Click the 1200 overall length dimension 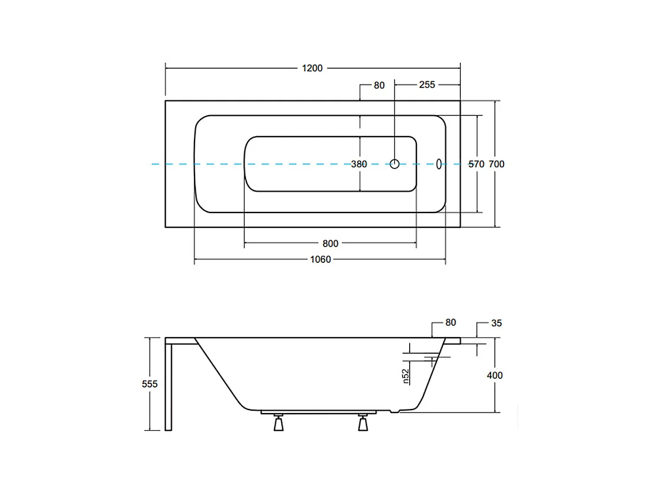(x=312, y=68)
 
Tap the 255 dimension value (x=427, y=85)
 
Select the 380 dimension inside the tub (x=359, y=164)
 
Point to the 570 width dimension (x=477, y=164)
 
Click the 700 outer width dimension (x=496, y=164)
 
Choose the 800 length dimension (x=330, y=243)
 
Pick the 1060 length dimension (x=320, y=259)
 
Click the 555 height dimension (x=150, y=384)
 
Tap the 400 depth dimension (x=495, y=375)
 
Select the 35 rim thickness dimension (x=497, y=323)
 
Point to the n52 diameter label (x=406, y=376)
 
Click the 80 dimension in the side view (x=451, y=323)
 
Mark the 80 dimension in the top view (x=379, y=85)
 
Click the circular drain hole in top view (x=395, y=163)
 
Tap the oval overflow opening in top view (x=439, y=163)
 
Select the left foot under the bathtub (x=277, y=424)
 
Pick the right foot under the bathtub (x=362, y=424)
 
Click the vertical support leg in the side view (x=169, y=386)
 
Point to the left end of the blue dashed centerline (x=153, y=163)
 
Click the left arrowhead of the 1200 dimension (x=167, y=68)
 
